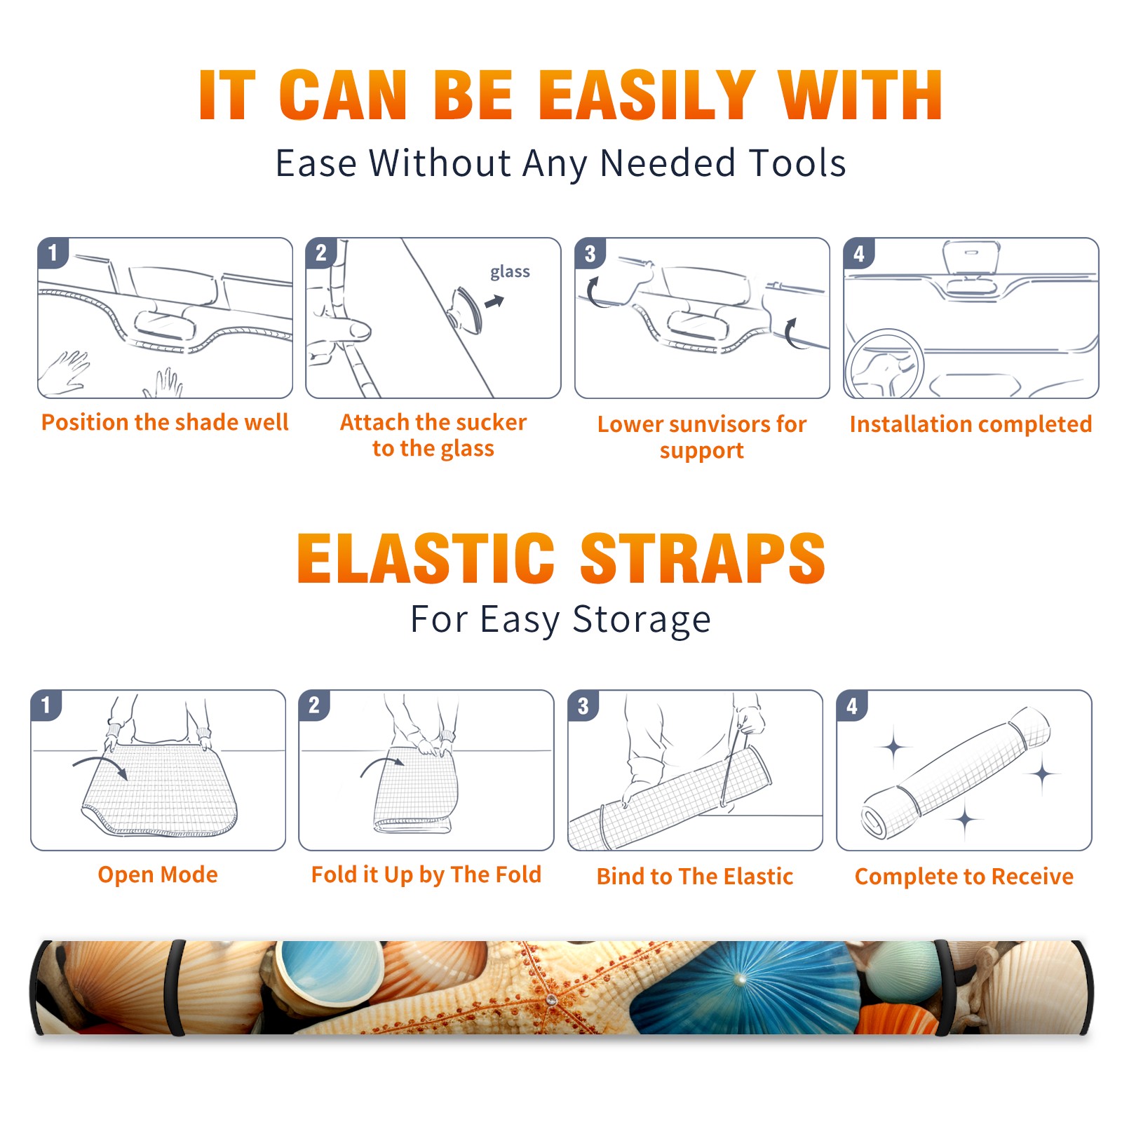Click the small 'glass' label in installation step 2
(510, 271)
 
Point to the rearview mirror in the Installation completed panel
(971, 258)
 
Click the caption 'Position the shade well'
(165, 422)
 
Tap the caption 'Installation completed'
(971, 424)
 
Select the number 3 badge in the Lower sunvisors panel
(590, 253)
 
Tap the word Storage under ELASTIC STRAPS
(641, 620)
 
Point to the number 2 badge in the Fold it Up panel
(313, 705)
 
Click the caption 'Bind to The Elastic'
(694, 877)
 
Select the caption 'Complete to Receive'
(964, 877)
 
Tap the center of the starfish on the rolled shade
(551, 999)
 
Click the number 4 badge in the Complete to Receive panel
(851, 705)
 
